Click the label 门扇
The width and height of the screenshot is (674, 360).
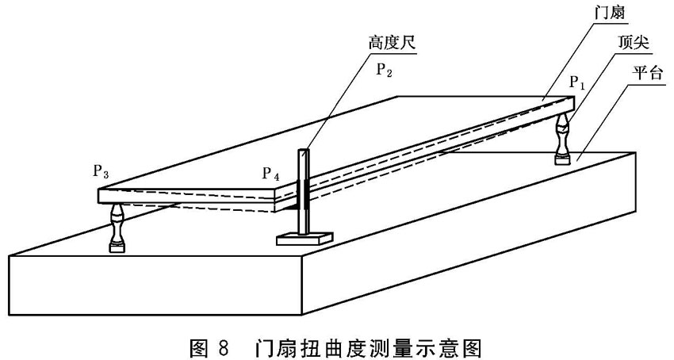tap(609, 13)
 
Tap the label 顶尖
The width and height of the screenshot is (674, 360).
tap(634, 43)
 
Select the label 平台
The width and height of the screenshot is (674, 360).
tap(647, 73)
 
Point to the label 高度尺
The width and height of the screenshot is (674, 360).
tap(392, 43)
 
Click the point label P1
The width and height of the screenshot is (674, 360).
tap(577, 82)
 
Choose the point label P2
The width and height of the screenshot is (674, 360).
tap(385, 69)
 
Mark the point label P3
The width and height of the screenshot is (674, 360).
tap(101, 171)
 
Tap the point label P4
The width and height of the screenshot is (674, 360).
tap(271, 174)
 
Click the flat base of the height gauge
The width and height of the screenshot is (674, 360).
tap(304, 239)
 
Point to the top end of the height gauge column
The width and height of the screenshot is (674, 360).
tap(304, 150)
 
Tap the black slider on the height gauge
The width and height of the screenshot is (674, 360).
tap(303, 195)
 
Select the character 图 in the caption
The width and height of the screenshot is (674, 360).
tap(199, 348)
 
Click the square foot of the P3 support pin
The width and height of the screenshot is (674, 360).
tap(117, 248)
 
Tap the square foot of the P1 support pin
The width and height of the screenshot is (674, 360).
tap(563, 160)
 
